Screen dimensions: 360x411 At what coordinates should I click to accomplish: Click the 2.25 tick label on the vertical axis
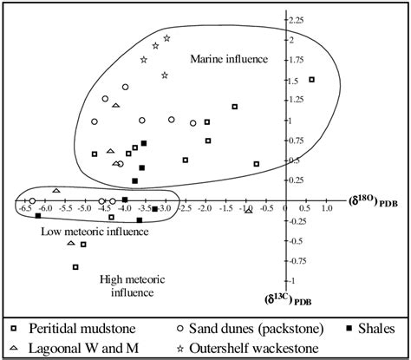click(x=296, y=19)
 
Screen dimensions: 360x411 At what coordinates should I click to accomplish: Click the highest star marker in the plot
click(x=167, y=38)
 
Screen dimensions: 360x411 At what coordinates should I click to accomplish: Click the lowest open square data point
click(x=76, y=267)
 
